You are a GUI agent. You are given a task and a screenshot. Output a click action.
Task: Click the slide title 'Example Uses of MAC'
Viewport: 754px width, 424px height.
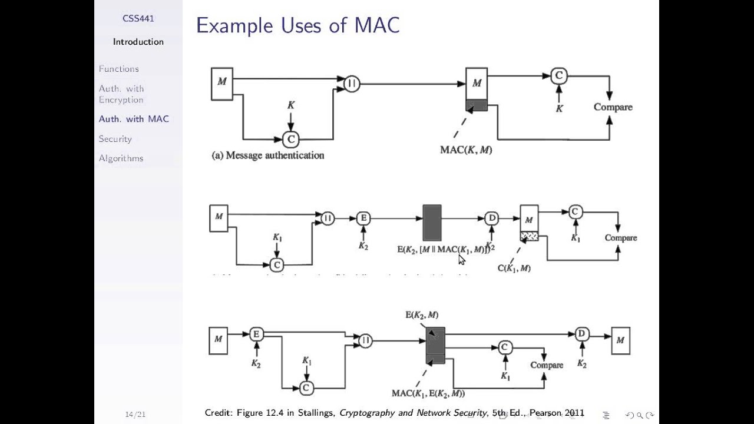pyautogui.click(x=297, y=25)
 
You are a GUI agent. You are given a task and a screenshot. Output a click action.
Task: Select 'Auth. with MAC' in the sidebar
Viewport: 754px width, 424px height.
pyautogui.click(x=134, y=119)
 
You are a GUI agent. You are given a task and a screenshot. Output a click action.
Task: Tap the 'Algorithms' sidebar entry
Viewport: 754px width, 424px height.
pyautogui.click(x=121, y=158)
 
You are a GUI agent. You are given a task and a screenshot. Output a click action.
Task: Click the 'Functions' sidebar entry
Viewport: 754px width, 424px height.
pyautogui.click(x=119, y=69)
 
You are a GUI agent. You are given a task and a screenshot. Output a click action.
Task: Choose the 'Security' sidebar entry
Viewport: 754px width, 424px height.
pyautogui.click(x=115, y=139)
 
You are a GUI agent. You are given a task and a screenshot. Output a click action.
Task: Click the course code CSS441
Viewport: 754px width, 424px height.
pyautogui.click(x=138, y=18)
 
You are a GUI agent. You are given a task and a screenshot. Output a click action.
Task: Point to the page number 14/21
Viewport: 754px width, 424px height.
pyautogui.click(x=135, y=415)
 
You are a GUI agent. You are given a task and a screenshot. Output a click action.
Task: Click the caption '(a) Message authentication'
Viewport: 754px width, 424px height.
pyautogui.click(x=268, y=155)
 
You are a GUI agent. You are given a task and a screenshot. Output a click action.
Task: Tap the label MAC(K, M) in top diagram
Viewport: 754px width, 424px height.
pyautogui.click(x=466, y=150)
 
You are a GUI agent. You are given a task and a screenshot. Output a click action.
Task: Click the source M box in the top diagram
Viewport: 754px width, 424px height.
pyautogui.click(x=222, y=84)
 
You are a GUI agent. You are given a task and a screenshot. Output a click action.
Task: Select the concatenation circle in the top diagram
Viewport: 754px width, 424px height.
pyautogui.click(x=352, y=84)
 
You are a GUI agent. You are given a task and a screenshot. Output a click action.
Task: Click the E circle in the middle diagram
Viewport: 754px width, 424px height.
pyautogui.click(x=363, y=218)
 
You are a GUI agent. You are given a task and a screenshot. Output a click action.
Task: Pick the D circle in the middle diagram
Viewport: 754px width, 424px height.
pyautogui.click(x=492, y=218)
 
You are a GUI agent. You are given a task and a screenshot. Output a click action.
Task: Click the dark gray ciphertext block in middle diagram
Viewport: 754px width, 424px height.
pyautogui.click(x=432, y=223)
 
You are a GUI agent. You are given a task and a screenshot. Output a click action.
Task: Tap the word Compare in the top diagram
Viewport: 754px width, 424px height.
pyautogui.click(x=613, y=107)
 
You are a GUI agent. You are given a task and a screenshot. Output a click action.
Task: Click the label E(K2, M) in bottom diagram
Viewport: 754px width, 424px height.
pyautogui.click(x=422, y=315)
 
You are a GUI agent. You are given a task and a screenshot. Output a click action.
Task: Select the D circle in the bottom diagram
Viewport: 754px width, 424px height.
pyautogui.click(x=581, y=334)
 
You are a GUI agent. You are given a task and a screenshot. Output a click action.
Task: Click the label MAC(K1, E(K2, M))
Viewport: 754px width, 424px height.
pyautogui.click(x=428, y=393)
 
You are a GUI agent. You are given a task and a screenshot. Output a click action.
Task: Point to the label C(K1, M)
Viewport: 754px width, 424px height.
pyautogui.click(x=514, y=269)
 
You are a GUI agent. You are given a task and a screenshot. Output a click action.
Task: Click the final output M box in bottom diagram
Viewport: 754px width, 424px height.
pyautogui.click(x=620, y=340)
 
